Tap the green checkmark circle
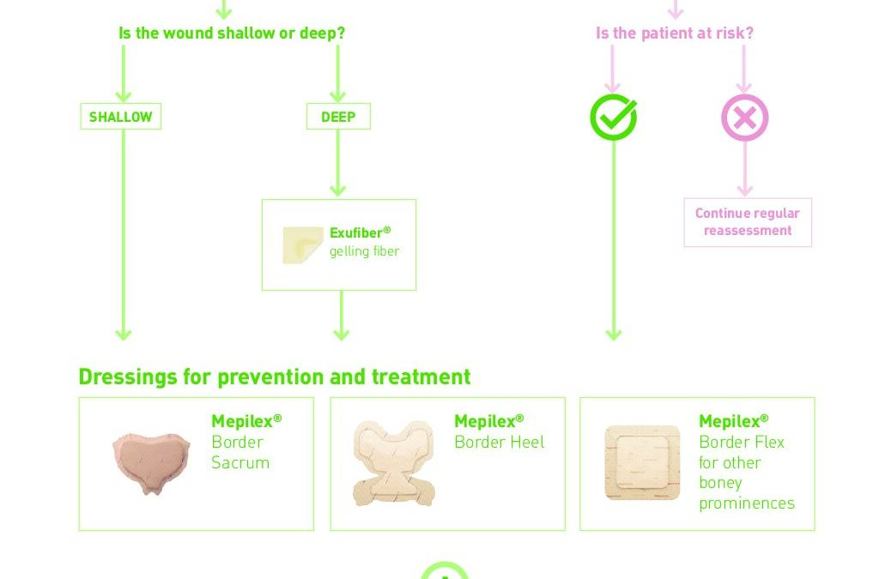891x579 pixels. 613,118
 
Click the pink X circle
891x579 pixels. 745,118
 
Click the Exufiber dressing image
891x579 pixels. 303,245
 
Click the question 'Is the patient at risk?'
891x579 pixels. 675,33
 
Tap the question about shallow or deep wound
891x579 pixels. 232,33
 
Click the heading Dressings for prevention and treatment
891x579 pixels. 275,377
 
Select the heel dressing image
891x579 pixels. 394,463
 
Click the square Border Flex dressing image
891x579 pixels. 643,462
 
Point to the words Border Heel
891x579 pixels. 500,443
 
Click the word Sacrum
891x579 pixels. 240,462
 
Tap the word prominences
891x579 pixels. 747,504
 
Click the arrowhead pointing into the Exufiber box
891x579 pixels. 338,190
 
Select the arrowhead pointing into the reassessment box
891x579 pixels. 745,190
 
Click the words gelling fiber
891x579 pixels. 364,251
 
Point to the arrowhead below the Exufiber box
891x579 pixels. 342,334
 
